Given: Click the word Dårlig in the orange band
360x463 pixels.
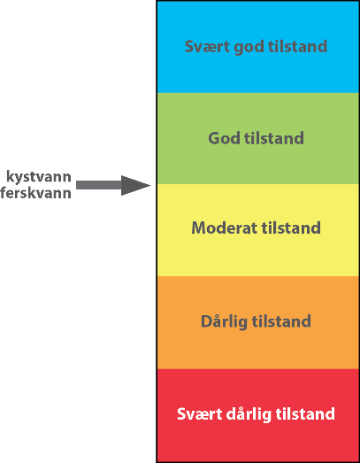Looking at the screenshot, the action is click(x=224, y=321).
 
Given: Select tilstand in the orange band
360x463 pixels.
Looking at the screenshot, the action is click(x=281, y=321).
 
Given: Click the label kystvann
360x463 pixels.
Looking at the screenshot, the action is click(x=39, y=177).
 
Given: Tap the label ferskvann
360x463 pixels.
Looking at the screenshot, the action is click(x=35, y=193).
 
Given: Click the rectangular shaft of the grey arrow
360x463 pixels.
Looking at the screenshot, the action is click(x=99, y=185).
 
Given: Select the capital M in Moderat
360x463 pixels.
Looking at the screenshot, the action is click(x=198, y=228).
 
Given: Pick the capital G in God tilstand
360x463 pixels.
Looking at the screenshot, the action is click(x=214, y=138).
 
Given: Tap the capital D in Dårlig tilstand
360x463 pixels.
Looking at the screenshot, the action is click(x=207, y=321).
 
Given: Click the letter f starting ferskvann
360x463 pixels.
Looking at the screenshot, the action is click(x=4, y=193).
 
